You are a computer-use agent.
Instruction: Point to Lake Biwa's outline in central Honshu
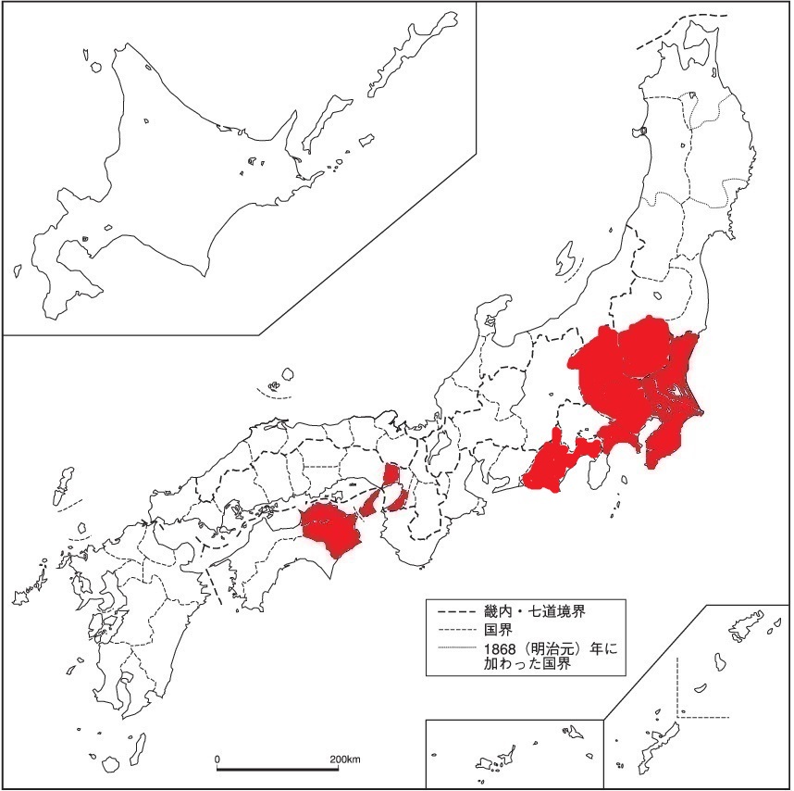tap(433, 450)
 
